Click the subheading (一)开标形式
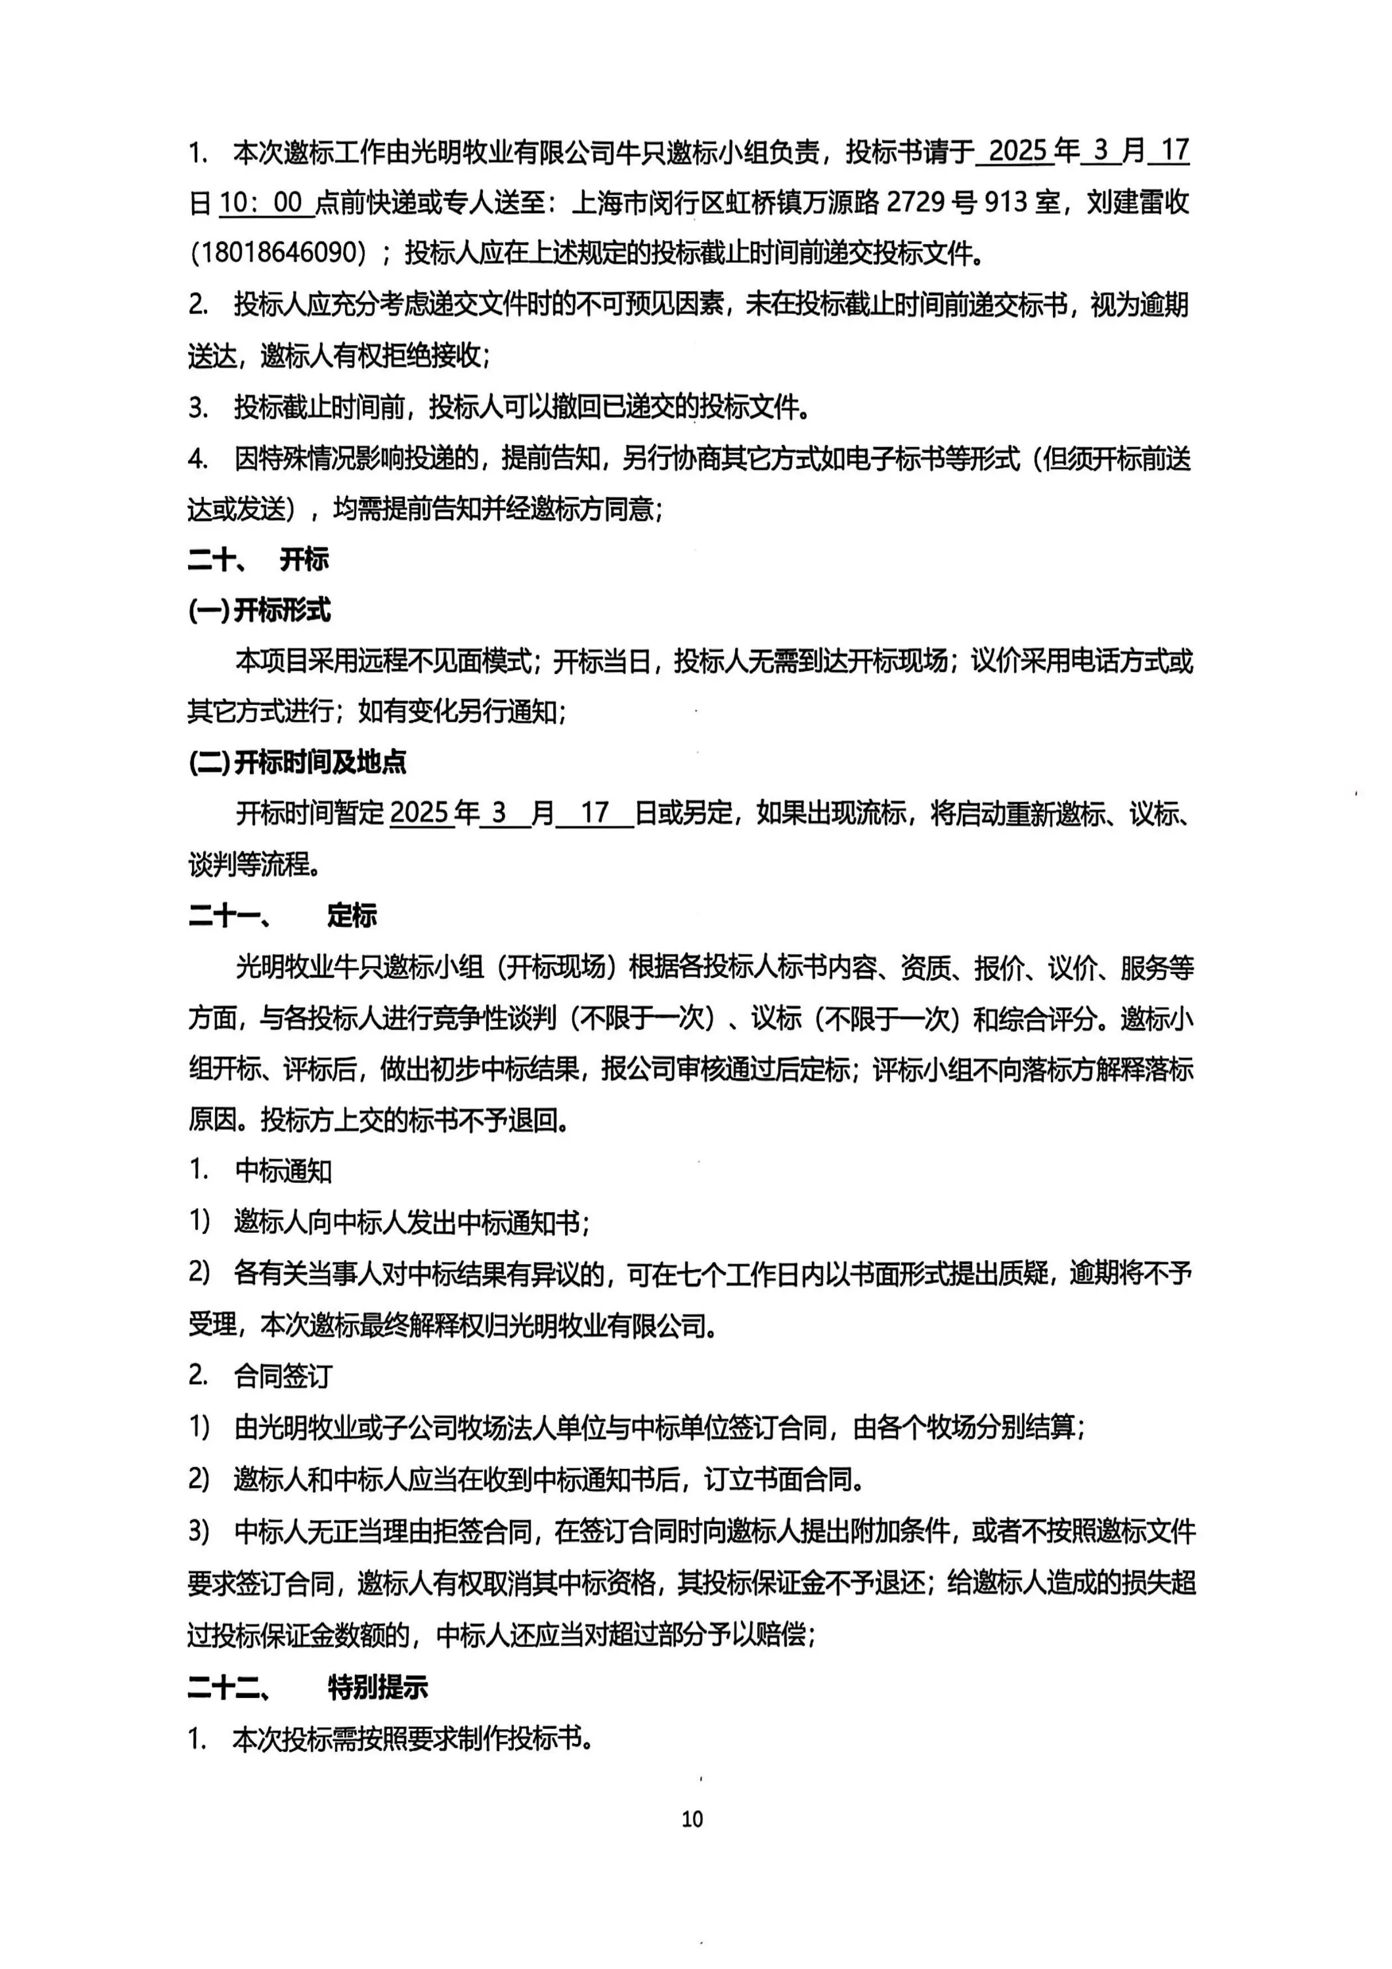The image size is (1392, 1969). coord(259,611)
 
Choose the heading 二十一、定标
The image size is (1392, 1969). coord(282,916)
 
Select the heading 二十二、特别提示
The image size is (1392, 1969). coord(307,1688)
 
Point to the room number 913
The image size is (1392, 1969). coord(1005,203)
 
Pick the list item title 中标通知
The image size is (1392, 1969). coord(283,1171)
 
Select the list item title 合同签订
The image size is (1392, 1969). coord(283,1376)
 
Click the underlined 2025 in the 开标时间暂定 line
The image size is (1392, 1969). coord(420,813)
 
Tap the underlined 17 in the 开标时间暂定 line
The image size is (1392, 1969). coord(595,813)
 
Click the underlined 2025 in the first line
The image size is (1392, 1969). coord(1018,152)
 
